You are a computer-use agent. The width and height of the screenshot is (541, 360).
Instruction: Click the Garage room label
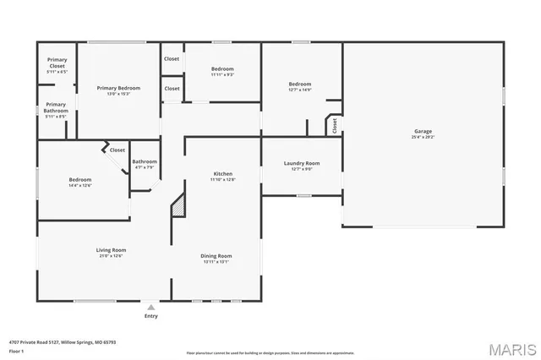click(423, 131)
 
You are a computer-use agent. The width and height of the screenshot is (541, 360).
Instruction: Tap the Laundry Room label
click(301, 163)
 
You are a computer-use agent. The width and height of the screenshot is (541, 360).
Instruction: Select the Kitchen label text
click(222, 174)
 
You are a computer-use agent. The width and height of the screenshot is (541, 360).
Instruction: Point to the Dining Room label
click(216, 255)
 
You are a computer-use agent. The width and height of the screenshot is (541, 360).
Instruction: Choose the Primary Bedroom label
click(118, 88)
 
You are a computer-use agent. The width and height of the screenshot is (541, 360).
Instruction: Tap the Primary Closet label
click(57, 63)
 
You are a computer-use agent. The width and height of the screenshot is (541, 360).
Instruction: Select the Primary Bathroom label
click(56, 107)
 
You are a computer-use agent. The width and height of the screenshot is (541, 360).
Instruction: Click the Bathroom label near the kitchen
click(144, 161)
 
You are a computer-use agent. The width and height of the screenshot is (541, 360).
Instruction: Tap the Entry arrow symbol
click(150, 308)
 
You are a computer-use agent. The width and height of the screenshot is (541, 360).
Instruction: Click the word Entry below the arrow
click(150, 317)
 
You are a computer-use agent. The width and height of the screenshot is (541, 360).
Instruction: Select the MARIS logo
click(511, 349)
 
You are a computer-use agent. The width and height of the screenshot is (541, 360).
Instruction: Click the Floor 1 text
click(15, 350)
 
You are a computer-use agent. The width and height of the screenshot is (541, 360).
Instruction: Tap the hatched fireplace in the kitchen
click(178, 205)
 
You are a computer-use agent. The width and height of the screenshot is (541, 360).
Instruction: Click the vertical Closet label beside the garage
click(335, 125)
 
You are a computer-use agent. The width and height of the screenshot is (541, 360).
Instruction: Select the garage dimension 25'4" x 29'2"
click(423, 137)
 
